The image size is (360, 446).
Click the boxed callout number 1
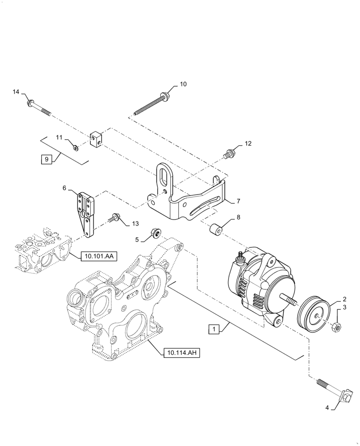(214, 330)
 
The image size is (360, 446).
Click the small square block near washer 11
(96, 139)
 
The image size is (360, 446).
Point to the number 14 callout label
(16, 92)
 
